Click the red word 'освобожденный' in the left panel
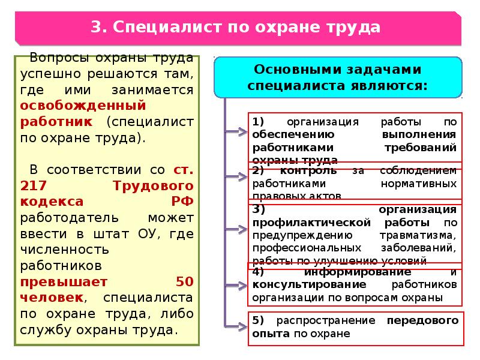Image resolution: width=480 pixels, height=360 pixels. (83, 106)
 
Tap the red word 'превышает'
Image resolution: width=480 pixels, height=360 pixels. (64, 281)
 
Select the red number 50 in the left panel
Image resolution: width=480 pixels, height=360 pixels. (184, 281)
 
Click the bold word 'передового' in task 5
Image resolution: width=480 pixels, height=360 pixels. (422, 320)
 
